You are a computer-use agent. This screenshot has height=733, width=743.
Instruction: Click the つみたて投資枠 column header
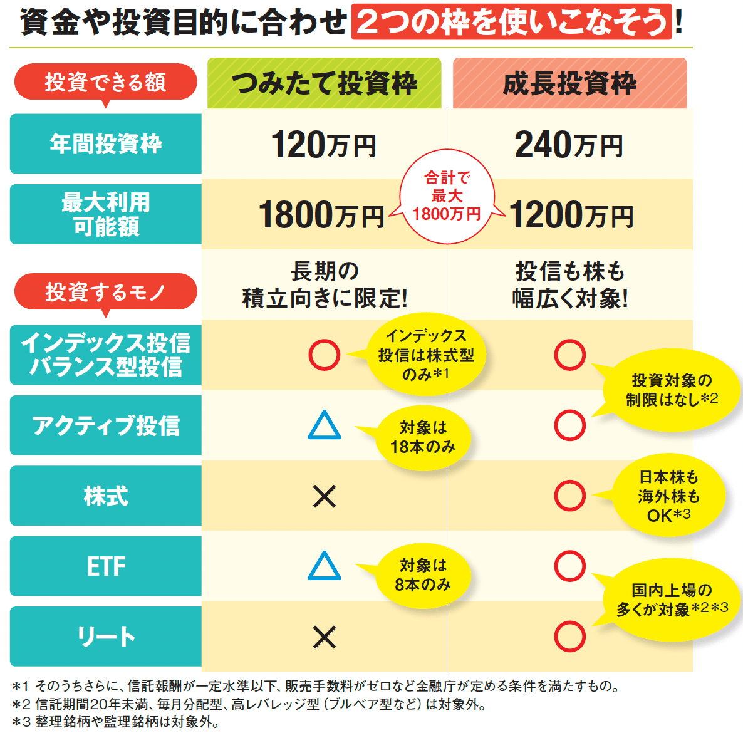324,83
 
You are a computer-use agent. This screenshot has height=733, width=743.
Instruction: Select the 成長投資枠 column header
569,83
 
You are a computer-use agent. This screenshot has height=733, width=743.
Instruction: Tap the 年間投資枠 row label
105,144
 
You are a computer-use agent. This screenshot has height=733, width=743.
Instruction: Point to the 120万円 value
323,145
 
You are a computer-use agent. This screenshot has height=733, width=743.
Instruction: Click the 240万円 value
569,145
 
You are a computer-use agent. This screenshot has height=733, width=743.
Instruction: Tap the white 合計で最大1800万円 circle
447,196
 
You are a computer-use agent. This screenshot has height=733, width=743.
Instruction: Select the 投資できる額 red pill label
105,82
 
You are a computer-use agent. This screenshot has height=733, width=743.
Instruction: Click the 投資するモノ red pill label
105,292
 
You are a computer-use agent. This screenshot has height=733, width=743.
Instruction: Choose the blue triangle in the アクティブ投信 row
325,426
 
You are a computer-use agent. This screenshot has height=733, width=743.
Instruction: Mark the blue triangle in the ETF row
325,566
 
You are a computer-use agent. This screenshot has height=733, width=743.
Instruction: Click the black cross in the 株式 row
325,497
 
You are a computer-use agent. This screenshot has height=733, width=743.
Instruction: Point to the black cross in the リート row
325,637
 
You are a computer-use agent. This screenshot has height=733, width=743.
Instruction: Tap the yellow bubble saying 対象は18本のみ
423,437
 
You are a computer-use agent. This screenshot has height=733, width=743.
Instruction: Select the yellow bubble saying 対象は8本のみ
423,575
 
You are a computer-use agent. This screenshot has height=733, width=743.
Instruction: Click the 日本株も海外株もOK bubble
668,496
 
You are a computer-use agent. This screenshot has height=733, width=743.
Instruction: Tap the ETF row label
105,566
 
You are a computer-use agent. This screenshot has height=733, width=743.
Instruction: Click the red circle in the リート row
569,637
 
